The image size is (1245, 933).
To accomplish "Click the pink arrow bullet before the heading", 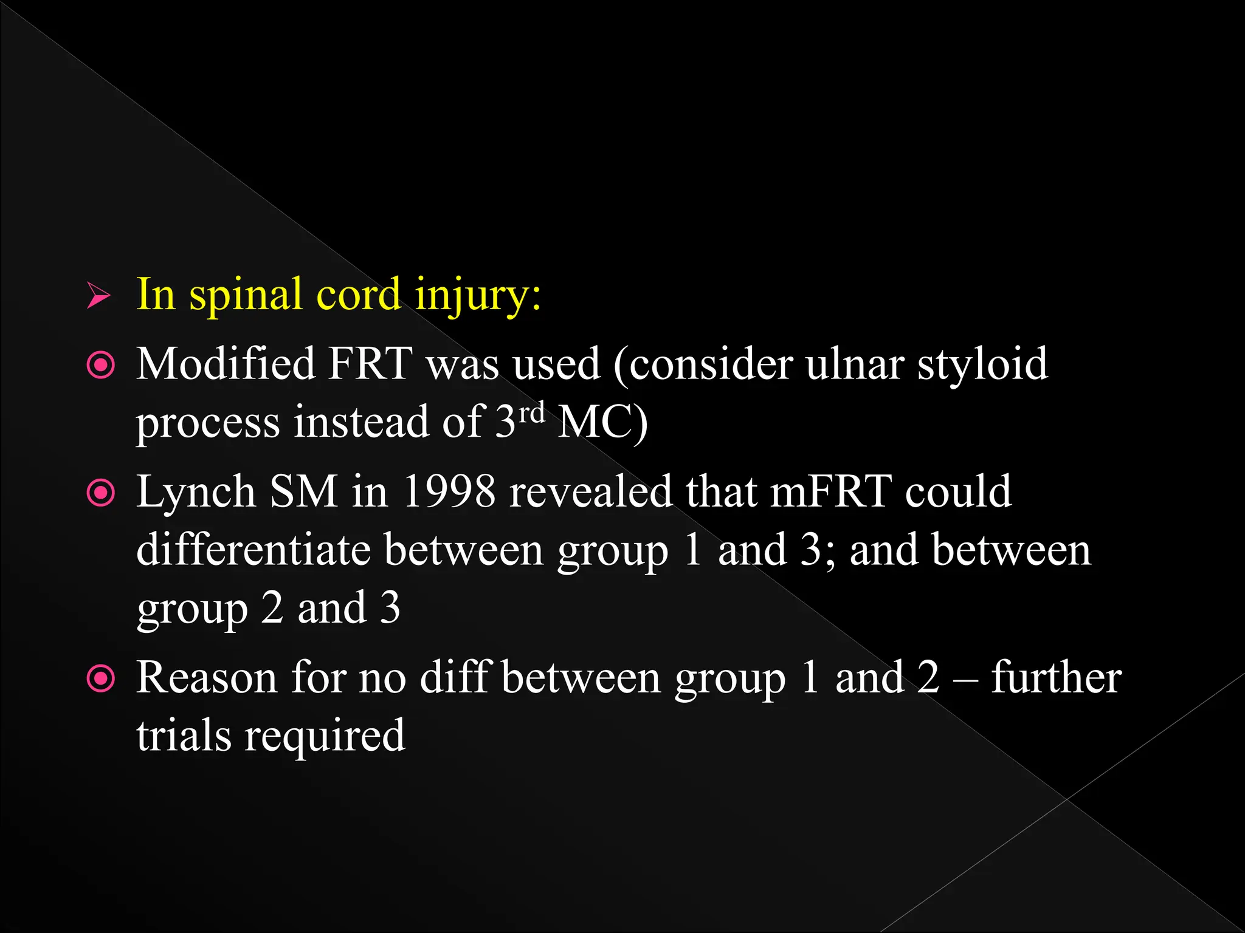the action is click(98, 296).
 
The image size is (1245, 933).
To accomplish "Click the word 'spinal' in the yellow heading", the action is click(246, 296).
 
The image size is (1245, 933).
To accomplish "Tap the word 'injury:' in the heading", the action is click(478, 296).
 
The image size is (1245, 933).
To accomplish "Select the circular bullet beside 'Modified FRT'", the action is click(101, 366).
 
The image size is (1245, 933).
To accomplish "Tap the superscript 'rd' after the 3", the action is click(533, 412).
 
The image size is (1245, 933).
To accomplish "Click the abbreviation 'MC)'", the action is click(602, 422).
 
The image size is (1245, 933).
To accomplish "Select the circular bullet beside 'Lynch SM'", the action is click(101, 493).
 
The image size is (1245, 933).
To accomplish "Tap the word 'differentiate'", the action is click(253, 550).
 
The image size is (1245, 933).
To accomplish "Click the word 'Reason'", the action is click(207, 678).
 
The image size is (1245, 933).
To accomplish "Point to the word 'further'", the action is click(1057, 678).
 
